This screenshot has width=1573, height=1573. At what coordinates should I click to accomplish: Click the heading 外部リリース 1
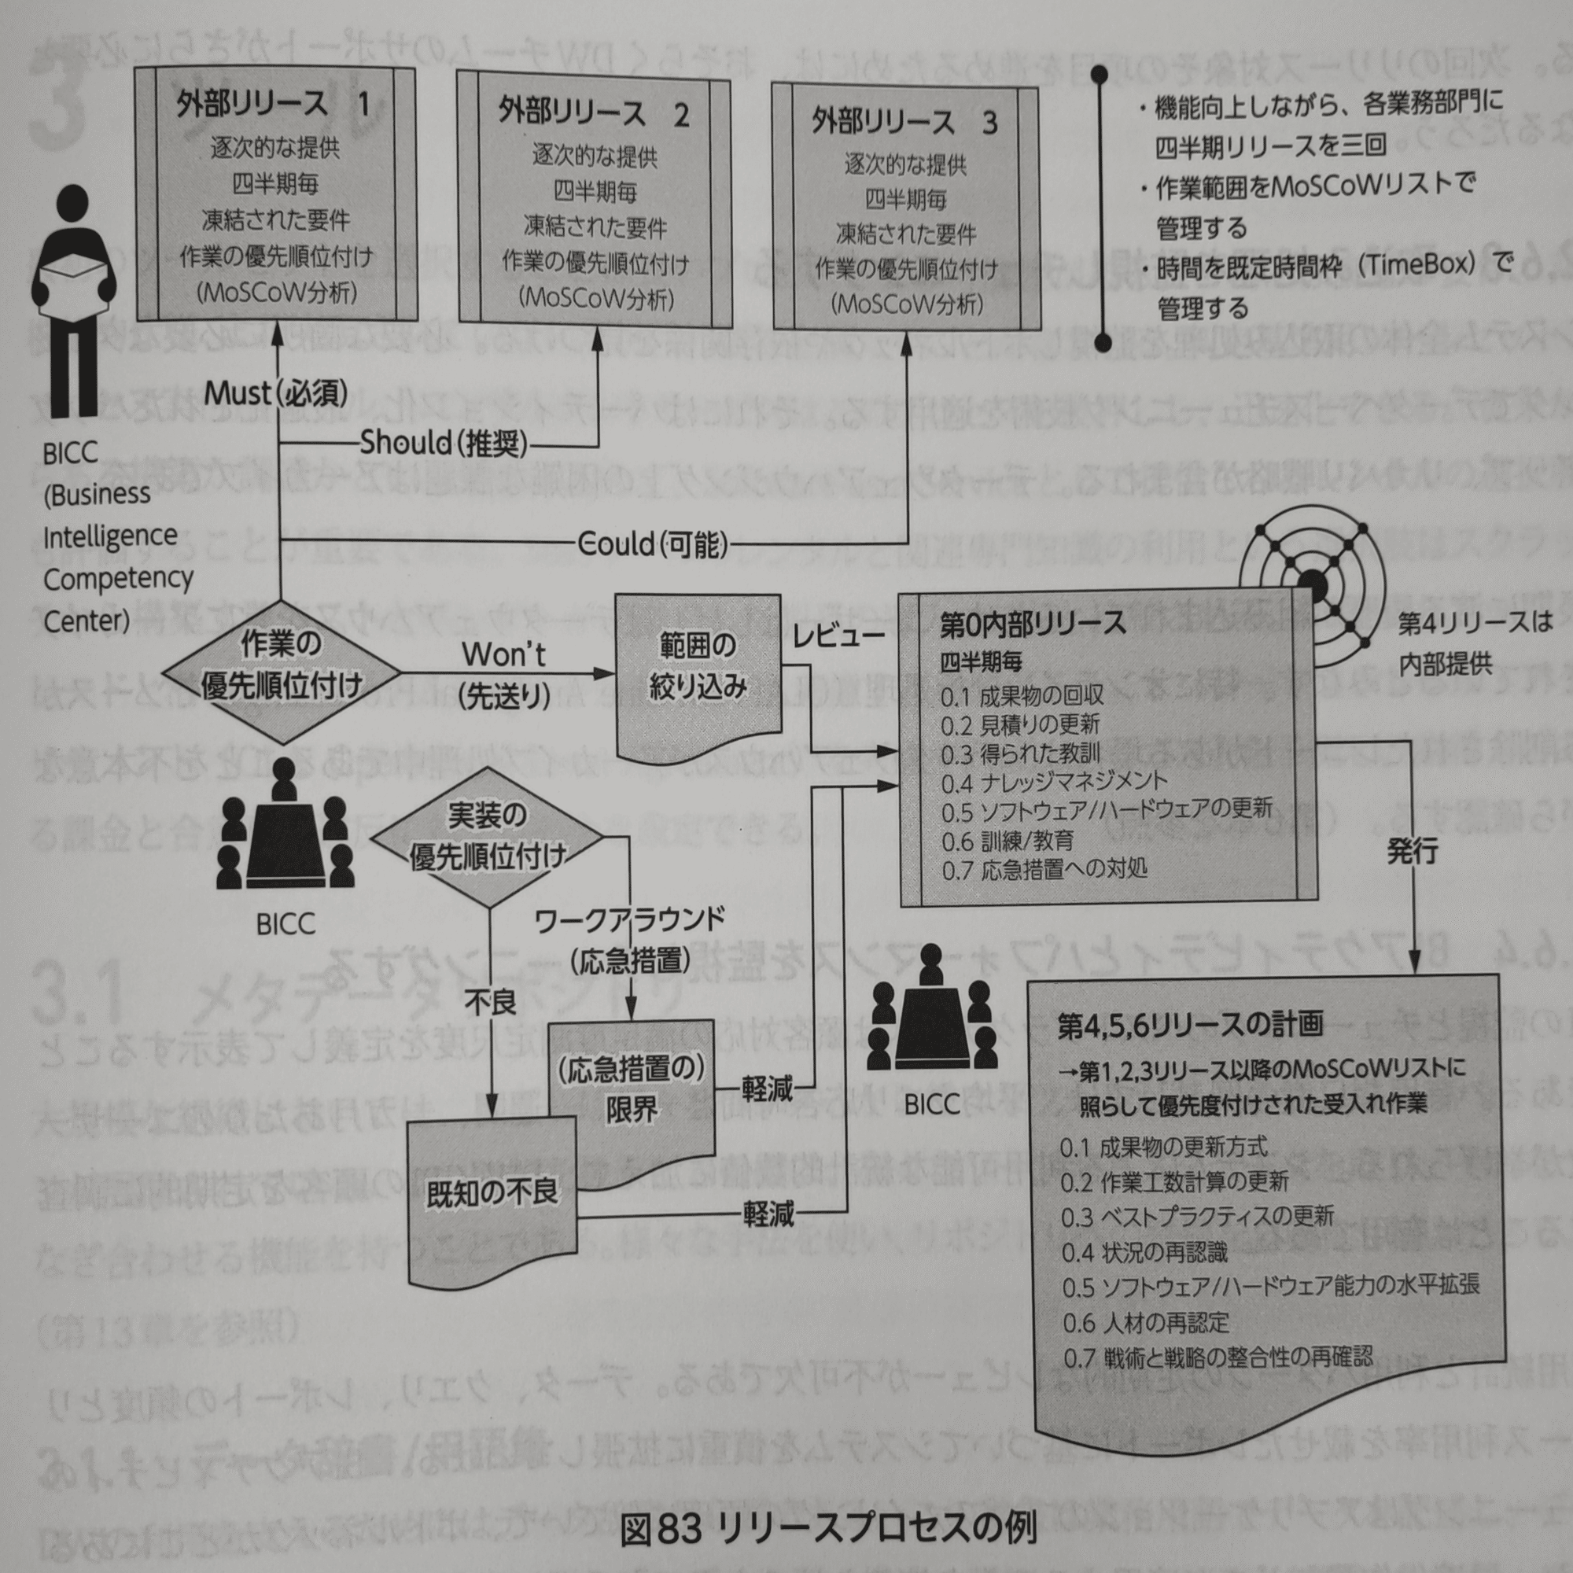pos(273,105)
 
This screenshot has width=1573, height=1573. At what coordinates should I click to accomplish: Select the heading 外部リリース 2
pos(594,113)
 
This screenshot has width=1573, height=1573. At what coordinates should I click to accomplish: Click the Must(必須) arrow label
pos(275,393)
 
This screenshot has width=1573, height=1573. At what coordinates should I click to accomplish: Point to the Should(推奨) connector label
pos(444,443)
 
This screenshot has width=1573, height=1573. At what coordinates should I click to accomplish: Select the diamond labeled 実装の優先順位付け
pos(487,836)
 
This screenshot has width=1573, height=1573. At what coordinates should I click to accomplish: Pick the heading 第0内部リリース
pos(1033,624)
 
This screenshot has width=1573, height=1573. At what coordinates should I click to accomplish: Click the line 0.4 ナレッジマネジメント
pos(1054,783)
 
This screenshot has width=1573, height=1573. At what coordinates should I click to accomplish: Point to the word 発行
pos(1412,852)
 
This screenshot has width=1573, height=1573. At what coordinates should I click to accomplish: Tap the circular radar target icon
pos(1312,584)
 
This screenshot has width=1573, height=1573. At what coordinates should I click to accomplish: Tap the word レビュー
pos(838,635)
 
